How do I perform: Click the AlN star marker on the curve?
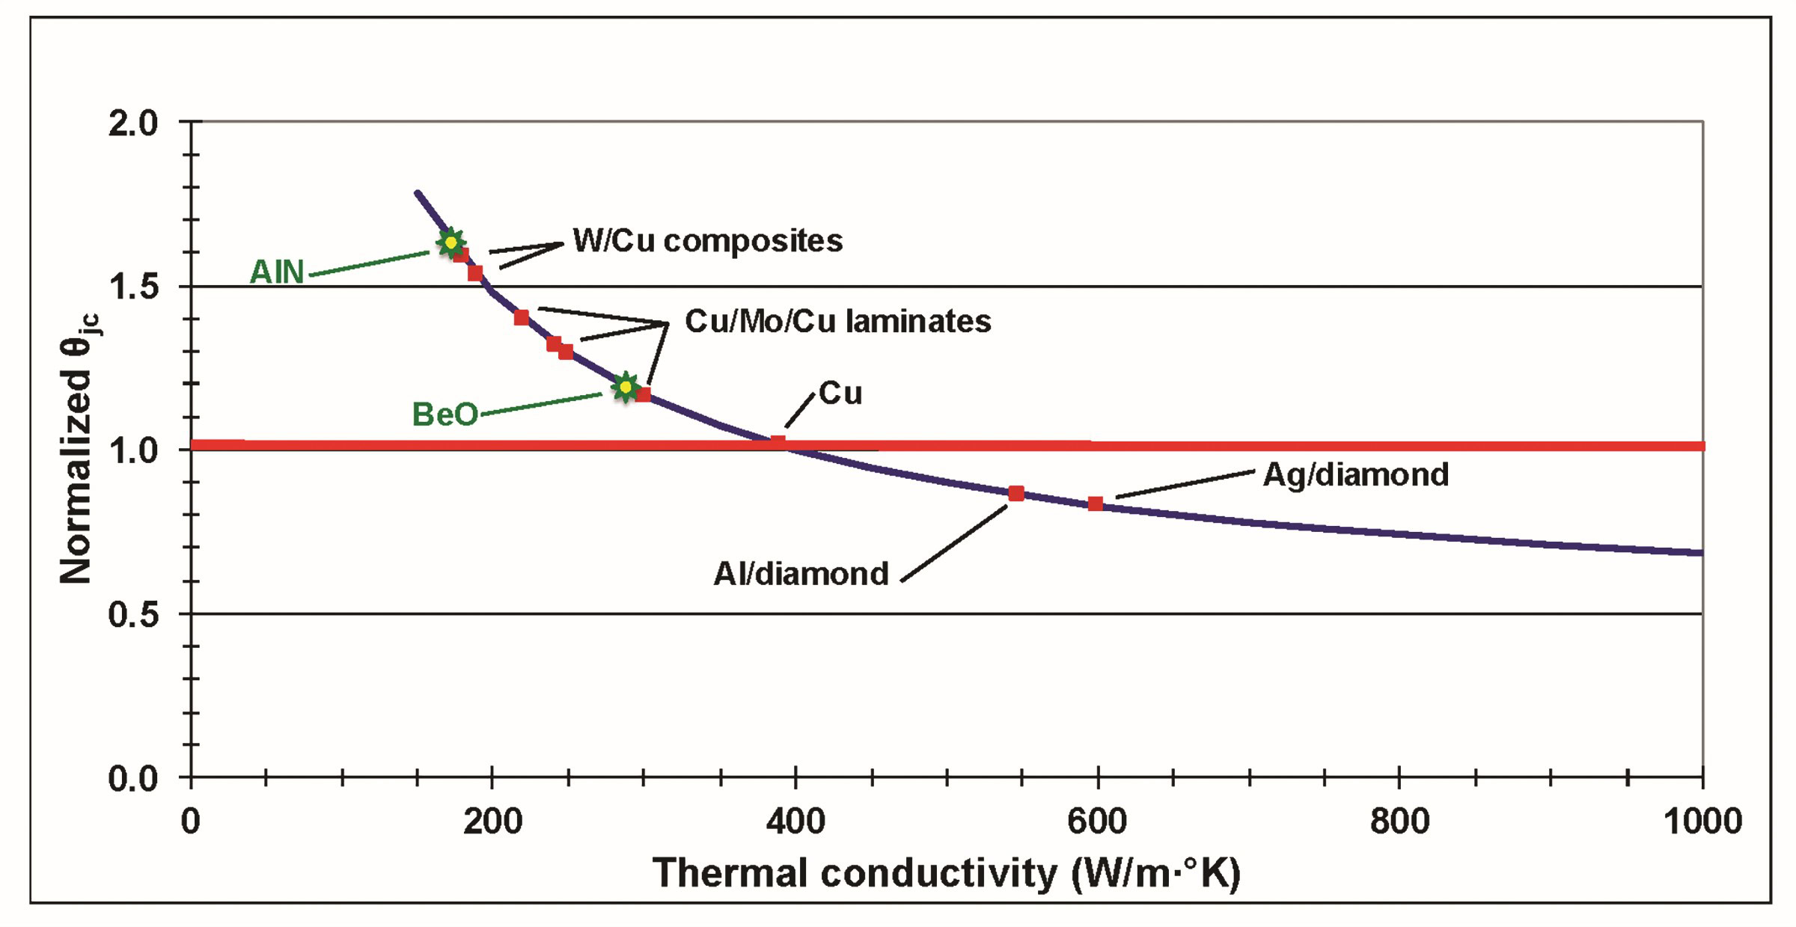pos(450,242)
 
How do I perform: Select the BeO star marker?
pos(625,387)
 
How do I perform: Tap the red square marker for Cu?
pos(778,443)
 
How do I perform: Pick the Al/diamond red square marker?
pos(1015,494)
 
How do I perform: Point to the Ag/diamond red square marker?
pos(1095,504)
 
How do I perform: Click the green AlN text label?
pos(277,272)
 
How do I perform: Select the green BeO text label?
pos(445,414)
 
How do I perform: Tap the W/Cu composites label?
pos(707,241)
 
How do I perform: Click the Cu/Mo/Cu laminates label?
pos(837,322)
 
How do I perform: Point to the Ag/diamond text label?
pos(1355,475)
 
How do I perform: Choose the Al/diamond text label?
pos(801,575)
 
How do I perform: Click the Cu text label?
pos(840,394)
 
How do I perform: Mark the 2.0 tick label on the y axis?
pos(133,123)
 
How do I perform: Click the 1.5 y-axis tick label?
pos(133,287)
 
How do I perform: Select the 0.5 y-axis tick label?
pos(133,615)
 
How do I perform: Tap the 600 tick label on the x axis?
pos(1097,822)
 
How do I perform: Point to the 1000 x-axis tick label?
pos(1702,822)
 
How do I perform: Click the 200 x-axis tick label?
pos(492,822)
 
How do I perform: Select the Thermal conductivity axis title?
pos(946,873)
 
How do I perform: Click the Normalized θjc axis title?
pos(77,449)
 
